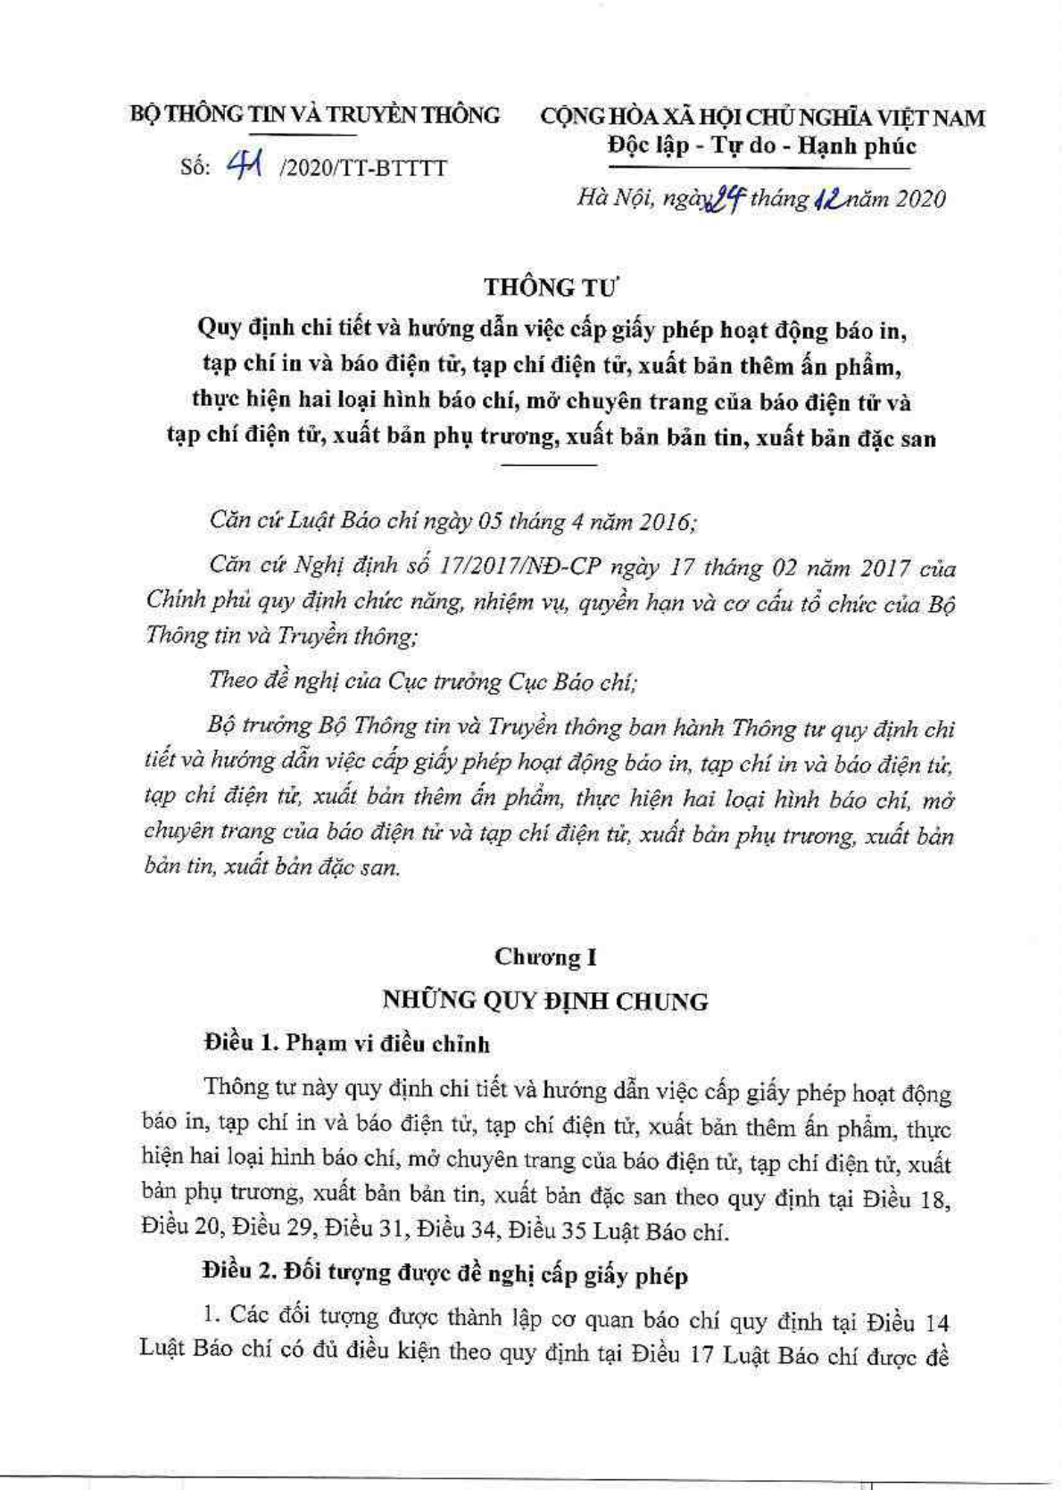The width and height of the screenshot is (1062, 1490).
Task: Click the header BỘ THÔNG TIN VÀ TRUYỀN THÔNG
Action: (315, 115)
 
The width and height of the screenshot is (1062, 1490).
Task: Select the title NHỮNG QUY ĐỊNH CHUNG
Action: (545, 1001)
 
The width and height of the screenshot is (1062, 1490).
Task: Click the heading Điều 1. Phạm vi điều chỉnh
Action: (347, 1043)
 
